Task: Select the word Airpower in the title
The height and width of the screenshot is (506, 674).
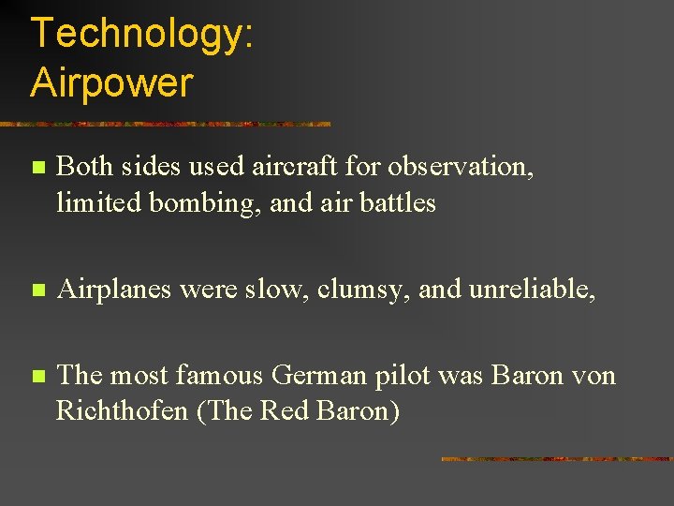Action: [111, 82]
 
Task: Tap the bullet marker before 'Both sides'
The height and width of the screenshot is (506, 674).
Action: [37, 169]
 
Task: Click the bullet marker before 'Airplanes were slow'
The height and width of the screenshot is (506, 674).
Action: [37, 291]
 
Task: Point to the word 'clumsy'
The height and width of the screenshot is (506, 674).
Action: [361, 290]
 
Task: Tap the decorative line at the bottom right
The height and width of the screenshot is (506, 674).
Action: [556, 459]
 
